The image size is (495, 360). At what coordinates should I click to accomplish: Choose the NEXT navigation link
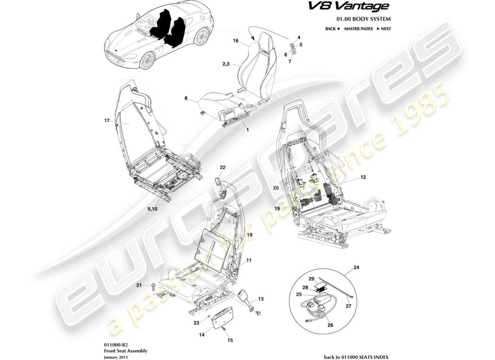[384, 28]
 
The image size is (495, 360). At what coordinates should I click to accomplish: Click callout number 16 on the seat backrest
[235, 41]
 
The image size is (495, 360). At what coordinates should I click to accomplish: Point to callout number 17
[107, 120]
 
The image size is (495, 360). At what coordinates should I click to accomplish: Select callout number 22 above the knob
[222, 167]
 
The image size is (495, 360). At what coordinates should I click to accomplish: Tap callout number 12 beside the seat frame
[363, 178]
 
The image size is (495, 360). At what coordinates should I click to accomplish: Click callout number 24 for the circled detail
[356, 267]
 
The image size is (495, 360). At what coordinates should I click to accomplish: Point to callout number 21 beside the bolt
[139, 285]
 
